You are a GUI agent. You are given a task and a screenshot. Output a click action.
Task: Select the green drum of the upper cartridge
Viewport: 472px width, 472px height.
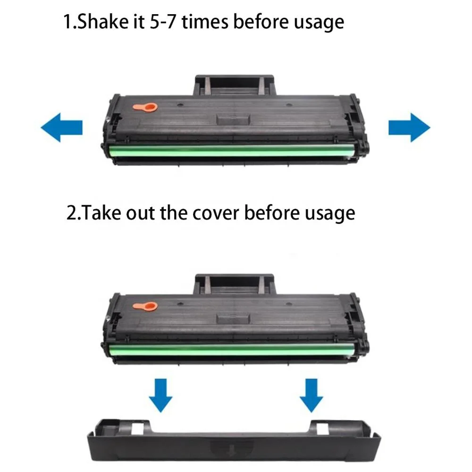tap(231, 152)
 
